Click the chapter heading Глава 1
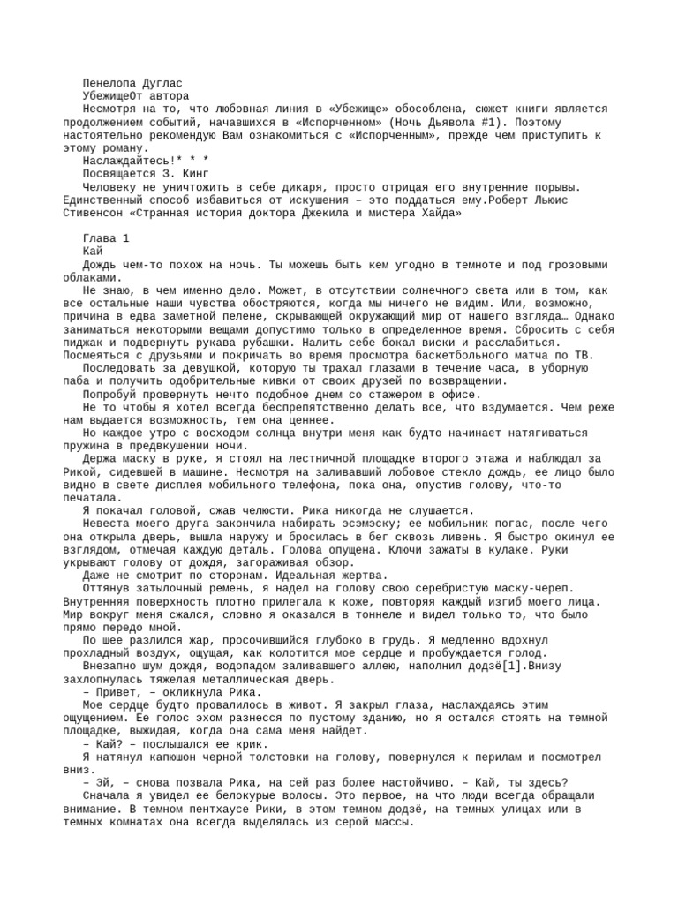tap(105, 238)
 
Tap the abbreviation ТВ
tap(561, 355)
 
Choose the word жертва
tap(343, 575)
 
